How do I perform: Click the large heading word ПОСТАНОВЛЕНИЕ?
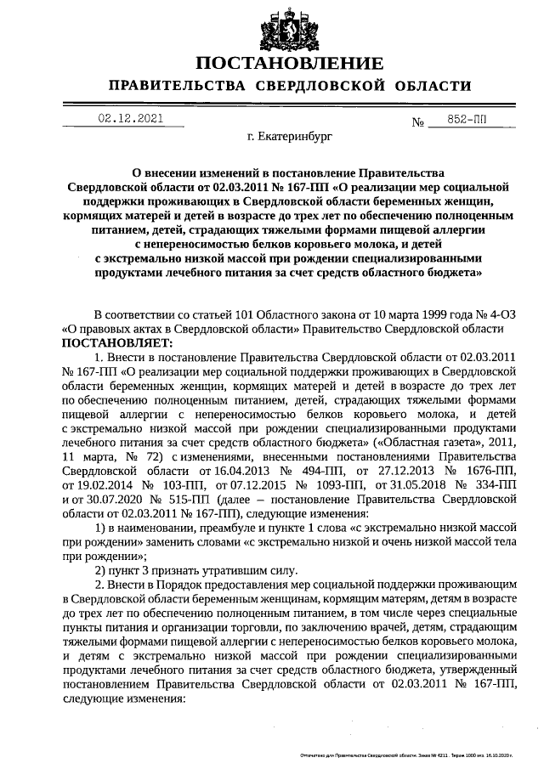(x=289, y=64)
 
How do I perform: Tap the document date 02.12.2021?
(x=130, y=119)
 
